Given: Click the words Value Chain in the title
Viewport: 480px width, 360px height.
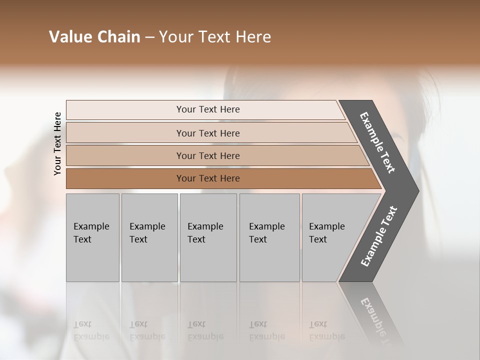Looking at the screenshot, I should coord(94,37).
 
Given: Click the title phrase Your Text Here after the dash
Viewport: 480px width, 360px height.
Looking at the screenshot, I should coord(215,37).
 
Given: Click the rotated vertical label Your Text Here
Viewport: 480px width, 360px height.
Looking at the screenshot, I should coord(57,143).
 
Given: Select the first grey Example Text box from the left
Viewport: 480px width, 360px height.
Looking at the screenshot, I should coord(92,237).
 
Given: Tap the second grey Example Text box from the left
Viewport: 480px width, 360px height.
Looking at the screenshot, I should coord(149,237).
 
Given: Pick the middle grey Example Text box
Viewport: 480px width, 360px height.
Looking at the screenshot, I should coord(208,237).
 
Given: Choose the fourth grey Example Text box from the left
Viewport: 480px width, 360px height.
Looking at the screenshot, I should coord(269,237).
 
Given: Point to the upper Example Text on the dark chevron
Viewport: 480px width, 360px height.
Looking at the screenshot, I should coord(377,142).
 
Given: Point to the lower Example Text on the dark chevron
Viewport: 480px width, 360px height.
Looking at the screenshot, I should coord(379,236).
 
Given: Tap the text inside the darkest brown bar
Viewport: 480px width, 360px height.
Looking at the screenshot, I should coord(208,178).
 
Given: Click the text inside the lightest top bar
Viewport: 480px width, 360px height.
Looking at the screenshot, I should coord(208,109).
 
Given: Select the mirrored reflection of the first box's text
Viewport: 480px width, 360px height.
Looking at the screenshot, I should coord(91,330).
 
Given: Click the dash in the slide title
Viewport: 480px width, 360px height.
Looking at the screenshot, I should coord(149,37).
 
